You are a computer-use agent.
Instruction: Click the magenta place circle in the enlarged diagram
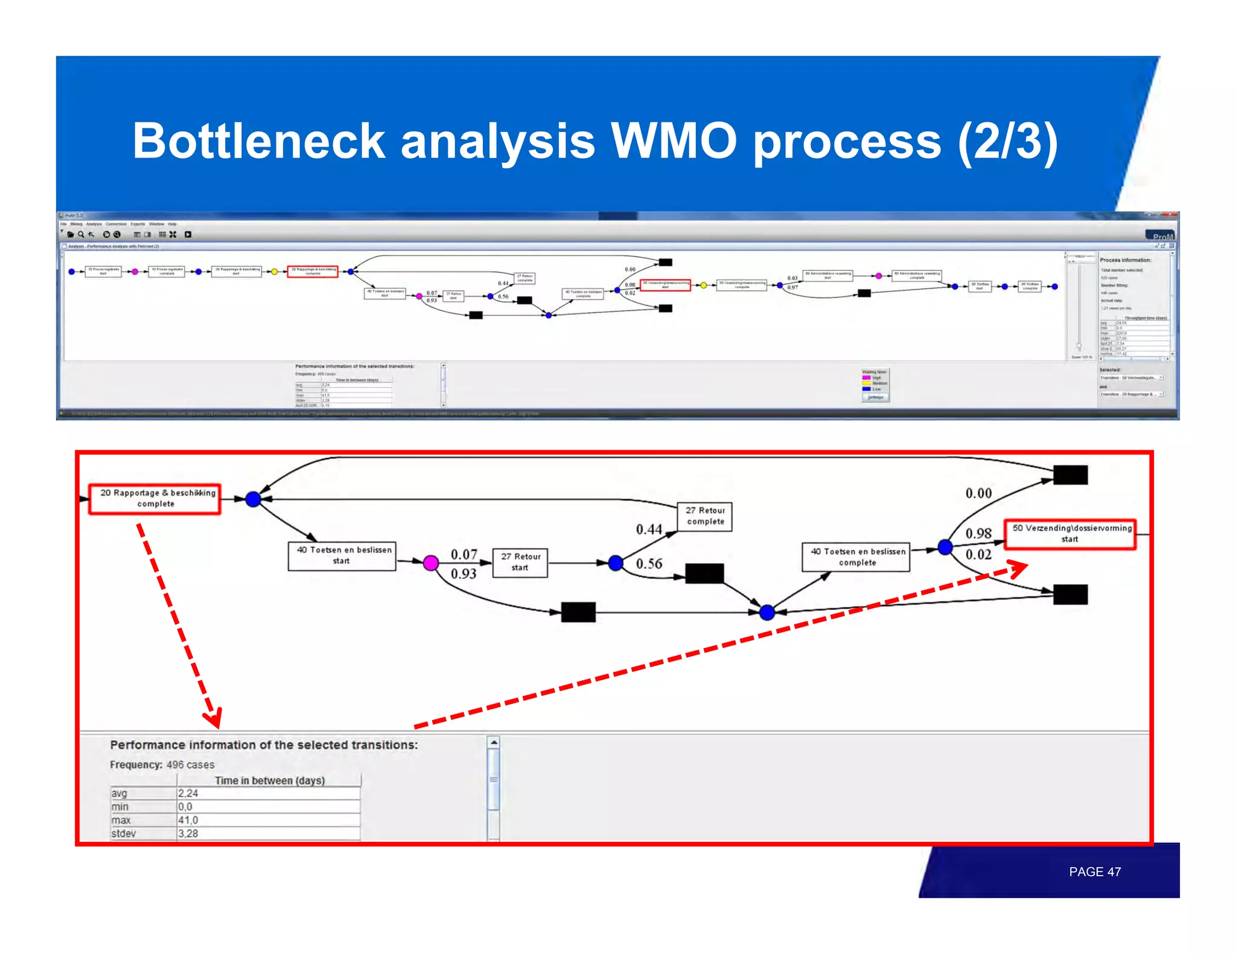(430, 563)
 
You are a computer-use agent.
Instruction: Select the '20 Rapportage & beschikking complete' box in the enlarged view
(155, 498)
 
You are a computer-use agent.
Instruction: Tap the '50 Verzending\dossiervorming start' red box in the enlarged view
(1070, 534)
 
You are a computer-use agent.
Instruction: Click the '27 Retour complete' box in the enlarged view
(705, 516)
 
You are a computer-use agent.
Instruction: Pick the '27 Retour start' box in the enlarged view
(520, 563)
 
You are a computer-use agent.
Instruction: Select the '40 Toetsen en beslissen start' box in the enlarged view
(342, 555)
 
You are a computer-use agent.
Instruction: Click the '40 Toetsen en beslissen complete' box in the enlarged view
(856, 557)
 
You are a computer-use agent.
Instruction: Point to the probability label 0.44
(649, 529)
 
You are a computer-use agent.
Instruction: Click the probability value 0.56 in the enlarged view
(649, 564)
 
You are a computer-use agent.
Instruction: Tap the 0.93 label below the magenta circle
(463, 574)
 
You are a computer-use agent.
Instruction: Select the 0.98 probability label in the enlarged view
(978, 533)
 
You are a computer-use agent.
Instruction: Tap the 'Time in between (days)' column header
(269, 780)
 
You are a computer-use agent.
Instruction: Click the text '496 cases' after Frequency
(191, 765)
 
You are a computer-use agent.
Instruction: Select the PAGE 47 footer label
(1094, 871)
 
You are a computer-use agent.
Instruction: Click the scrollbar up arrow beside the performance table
(494, 742)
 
